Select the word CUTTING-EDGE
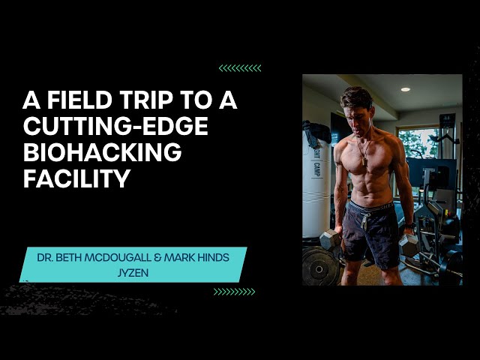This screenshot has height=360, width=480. click(x=115, y=126)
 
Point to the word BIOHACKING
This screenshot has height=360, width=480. click(x=103, y=151)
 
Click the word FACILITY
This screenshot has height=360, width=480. click(x=76, y=178)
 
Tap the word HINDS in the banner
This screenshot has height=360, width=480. click(x=213, y=257)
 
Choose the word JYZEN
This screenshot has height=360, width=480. click(x=133, y=272)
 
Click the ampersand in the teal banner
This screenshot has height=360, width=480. click(x=158, y=257)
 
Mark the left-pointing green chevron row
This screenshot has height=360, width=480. click(x=240, y=68)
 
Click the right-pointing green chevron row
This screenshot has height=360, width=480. click(x=234, y=292)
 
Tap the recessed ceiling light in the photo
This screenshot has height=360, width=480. click(x=406, y=89)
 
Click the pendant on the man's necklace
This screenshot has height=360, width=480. click(x=364, y=162)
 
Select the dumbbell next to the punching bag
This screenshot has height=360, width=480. click(x=330, y=239)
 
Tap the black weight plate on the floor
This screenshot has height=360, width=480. click(x=319, y=267)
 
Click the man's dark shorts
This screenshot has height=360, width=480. click(x=372, y=232)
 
